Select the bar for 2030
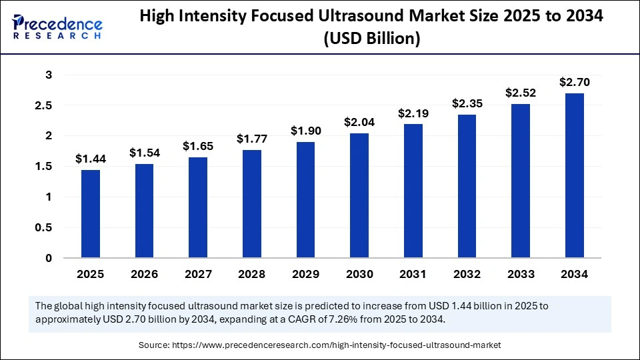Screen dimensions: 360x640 [x=359, y=195]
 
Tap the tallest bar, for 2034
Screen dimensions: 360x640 [x=574, y=175]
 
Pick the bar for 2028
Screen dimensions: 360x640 [x=252, y=203]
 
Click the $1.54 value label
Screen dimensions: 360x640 [x=145, y=153]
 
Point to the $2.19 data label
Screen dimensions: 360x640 [x=413, y=113]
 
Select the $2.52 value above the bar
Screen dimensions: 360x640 [x=521, y=93]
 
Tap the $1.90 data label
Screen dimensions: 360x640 [x=305, y=131]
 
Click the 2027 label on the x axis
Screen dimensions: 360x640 [x=198, y=274]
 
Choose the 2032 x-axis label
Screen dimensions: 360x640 [x=467, y=274]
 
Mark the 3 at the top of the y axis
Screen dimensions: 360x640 [x=48, y=75]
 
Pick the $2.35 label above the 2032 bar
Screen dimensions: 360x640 [x=467, y=103]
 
